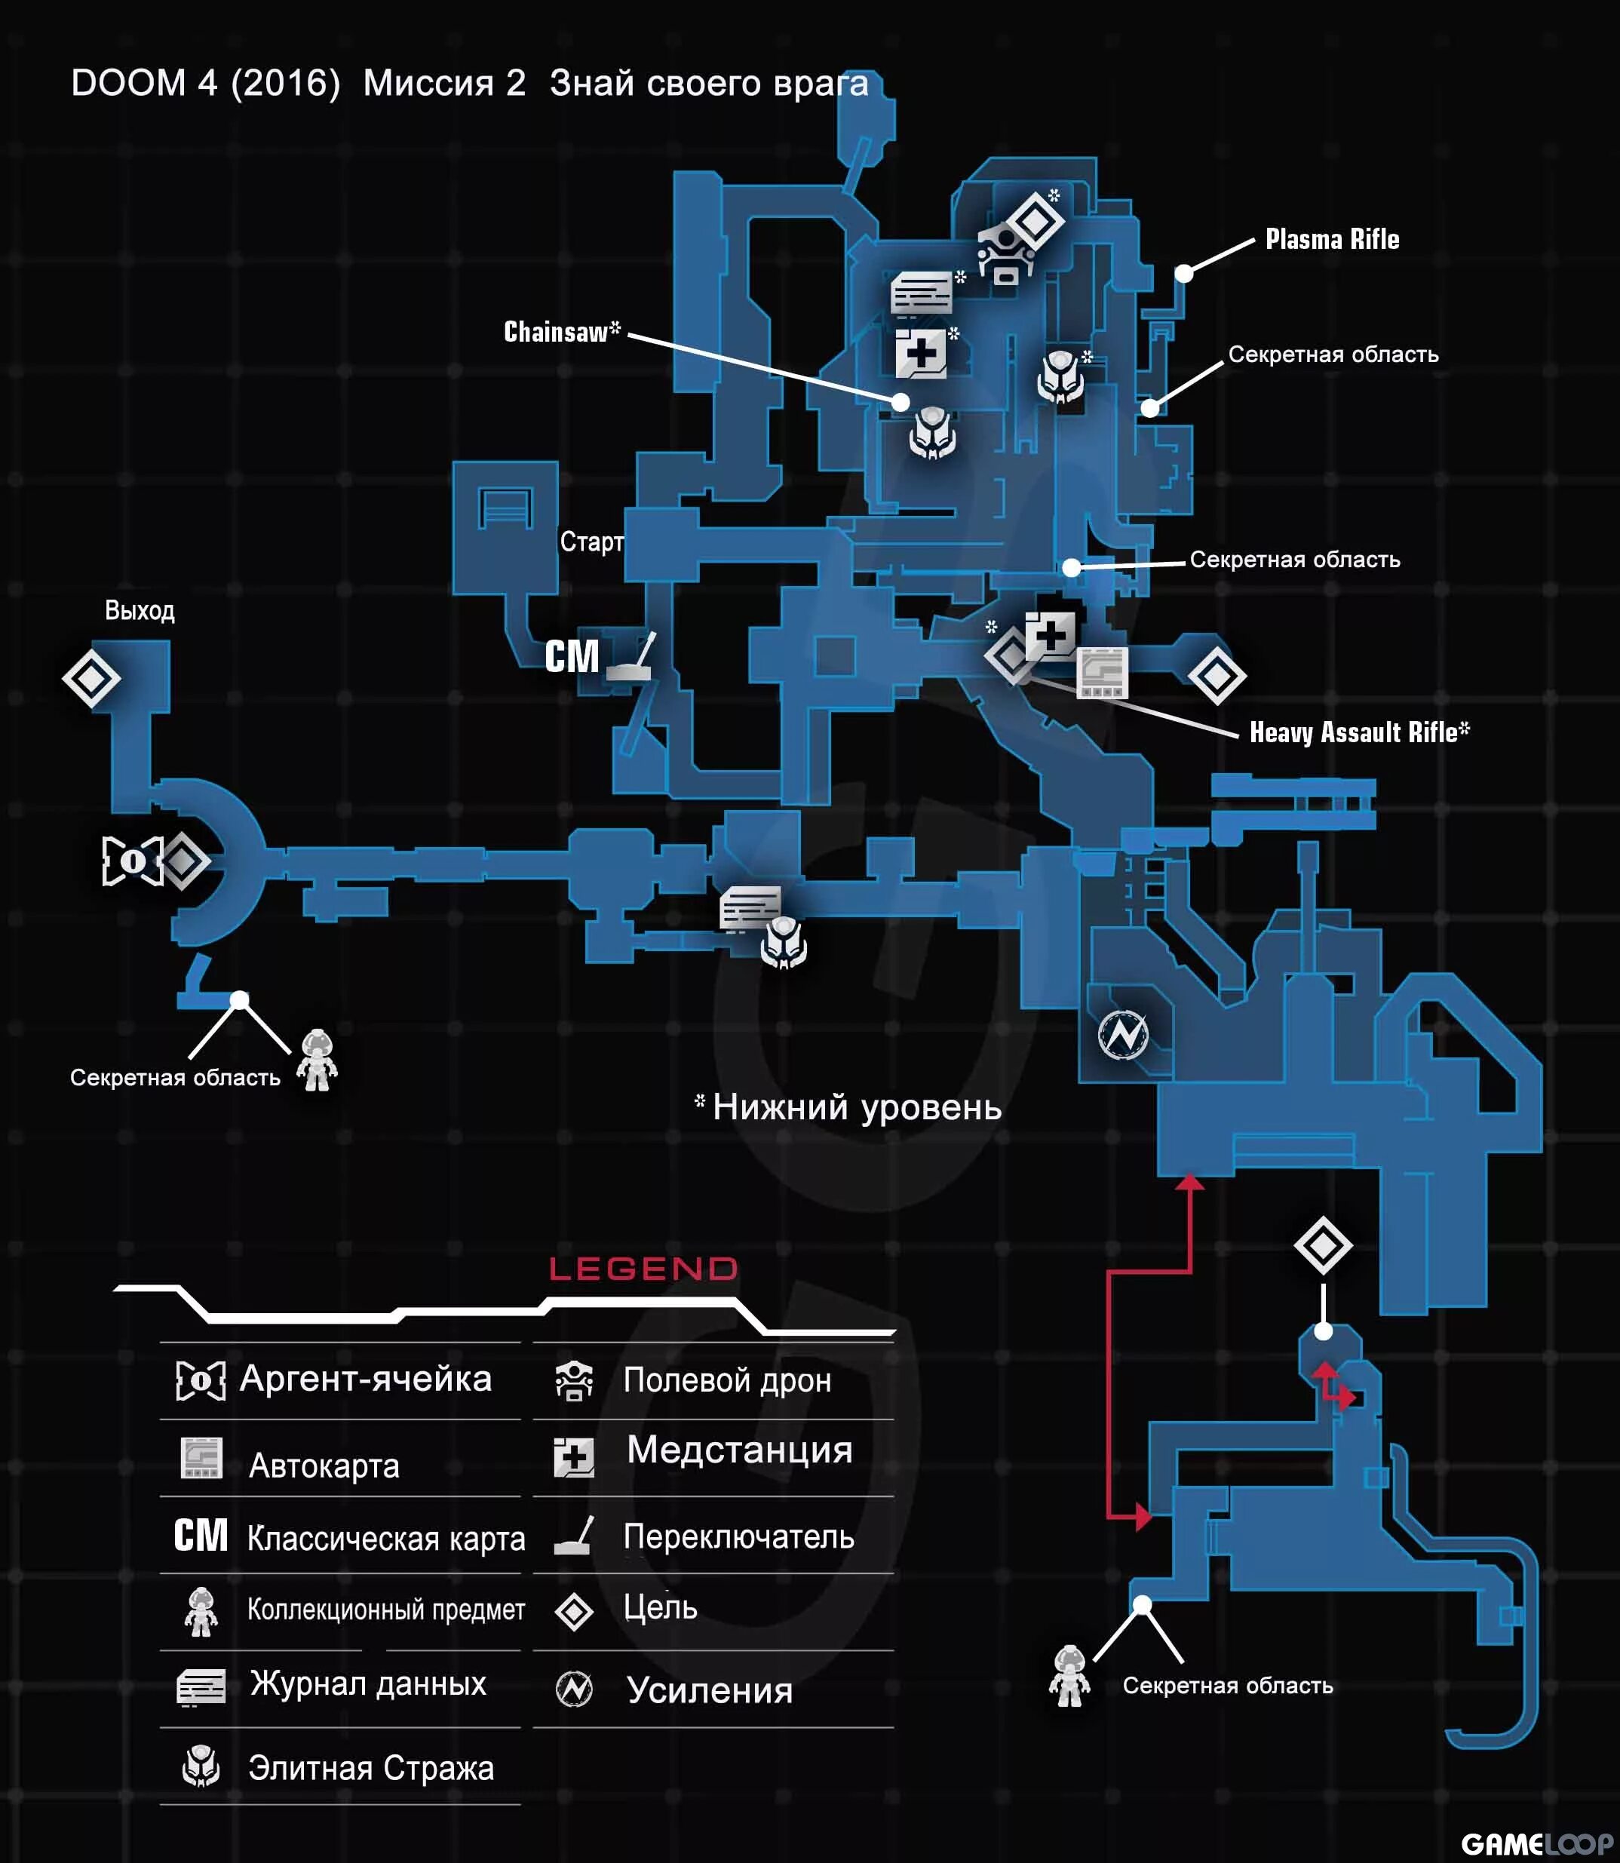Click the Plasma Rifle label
1332,240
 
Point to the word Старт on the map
591,542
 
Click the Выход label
140,610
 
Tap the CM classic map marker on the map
572,656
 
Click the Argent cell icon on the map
132,861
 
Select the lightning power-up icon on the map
1123,1034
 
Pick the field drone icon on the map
1005,255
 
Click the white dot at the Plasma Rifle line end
1183,273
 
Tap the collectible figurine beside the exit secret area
317,1060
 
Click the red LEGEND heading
643,1269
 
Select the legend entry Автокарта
324,1466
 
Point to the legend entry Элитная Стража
370,1767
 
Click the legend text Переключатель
738,1536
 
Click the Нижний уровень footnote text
856,1107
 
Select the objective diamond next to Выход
91,678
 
